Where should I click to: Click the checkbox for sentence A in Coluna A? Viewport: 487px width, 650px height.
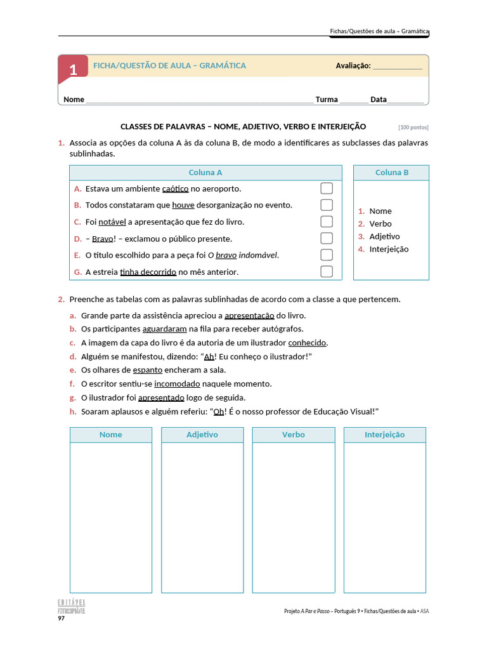327,189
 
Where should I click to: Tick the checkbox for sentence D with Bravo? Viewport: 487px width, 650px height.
327,238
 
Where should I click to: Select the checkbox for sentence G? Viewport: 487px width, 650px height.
327,272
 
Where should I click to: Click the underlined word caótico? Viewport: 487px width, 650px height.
176,189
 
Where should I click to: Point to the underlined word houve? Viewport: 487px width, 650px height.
183,205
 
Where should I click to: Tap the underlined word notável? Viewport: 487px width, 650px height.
112,222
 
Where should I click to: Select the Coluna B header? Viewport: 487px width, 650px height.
391,173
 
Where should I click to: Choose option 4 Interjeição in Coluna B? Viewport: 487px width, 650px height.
389,249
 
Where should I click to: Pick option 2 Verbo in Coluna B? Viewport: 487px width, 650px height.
380,224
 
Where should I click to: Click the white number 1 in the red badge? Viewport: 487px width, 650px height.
73,70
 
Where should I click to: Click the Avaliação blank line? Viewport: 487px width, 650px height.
397,66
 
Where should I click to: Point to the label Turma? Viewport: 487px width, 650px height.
327,100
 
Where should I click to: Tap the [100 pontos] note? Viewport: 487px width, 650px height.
413,127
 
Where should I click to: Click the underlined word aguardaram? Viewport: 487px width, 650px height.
165,329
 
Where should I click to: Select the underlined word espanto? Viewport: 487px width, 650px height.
148,370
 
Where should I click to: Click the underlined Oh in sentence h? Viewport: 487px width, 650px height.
219,412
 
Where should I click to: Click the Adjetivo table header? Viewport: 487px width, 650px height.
202,435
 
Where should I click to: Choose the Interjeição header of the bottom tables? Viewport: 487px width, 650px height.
385,435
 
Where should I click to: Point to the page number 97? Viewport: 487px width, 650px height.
62,618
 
